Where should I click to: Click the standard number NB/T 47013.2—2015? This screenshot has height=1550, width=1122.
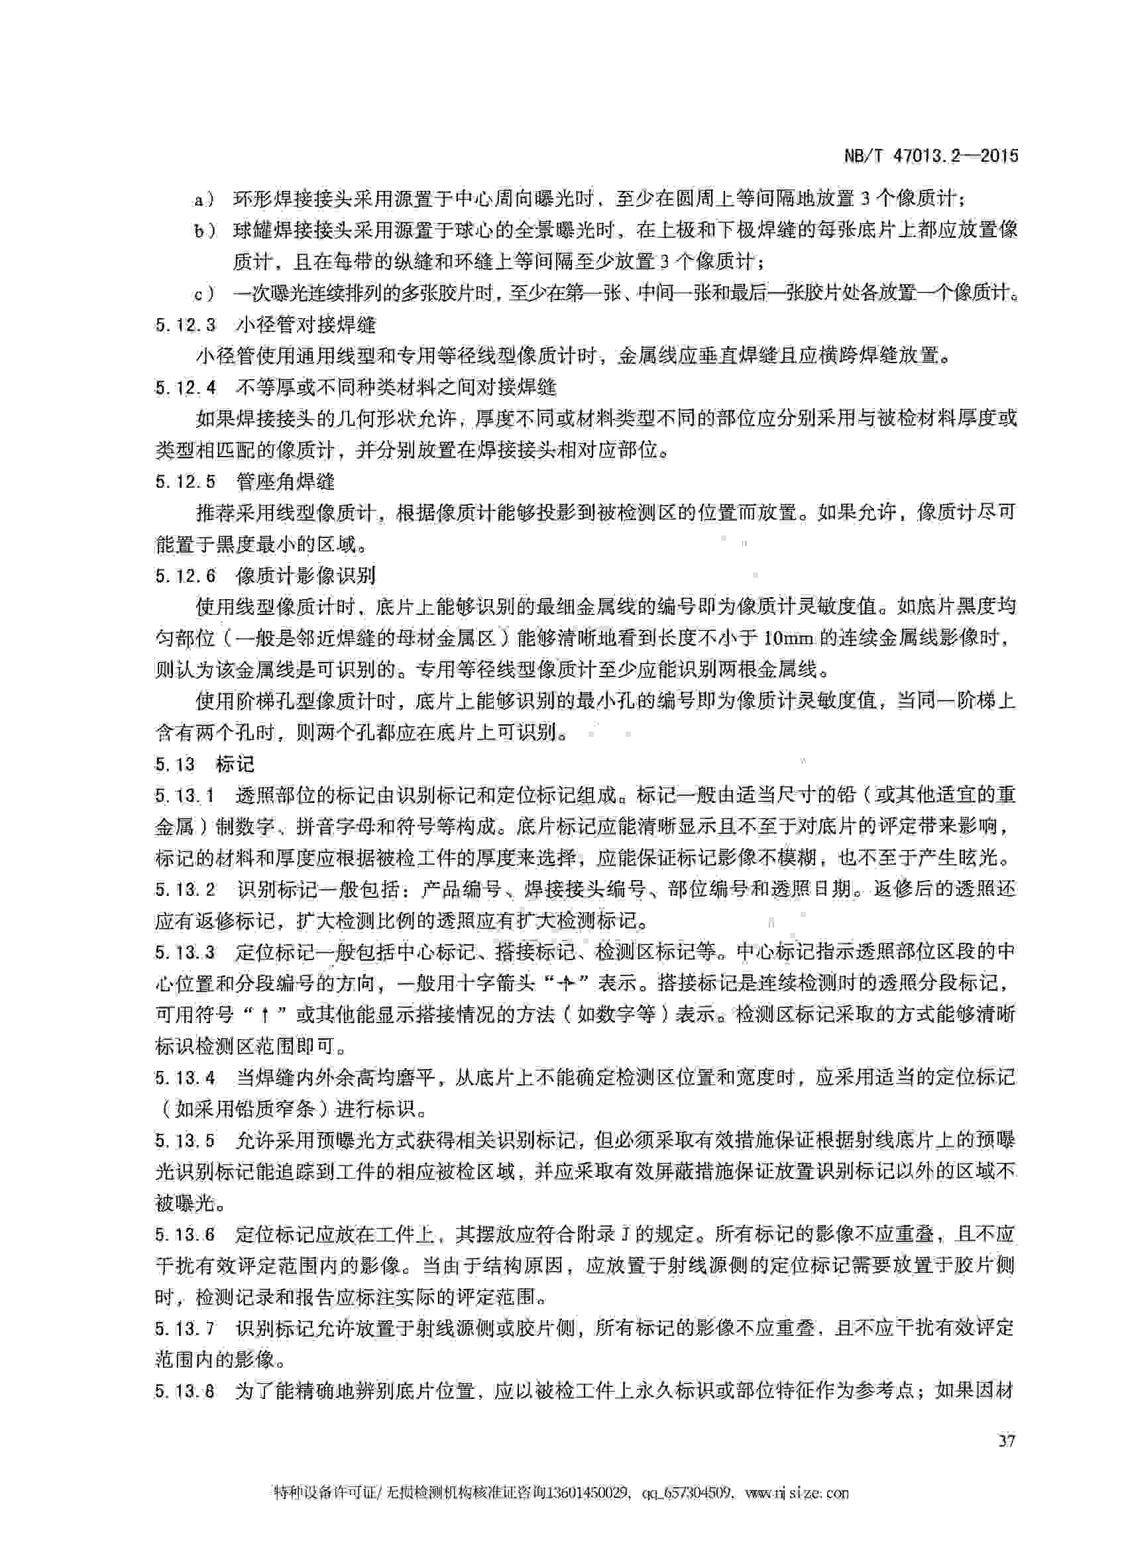click(930, 156)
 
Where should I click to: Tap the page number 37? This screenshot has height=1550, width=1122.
click(1007, 1441)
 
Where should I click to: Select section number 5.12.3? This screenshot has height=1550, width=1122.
click(185, 325)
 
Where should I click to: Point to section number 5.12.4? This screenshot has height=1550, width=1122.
click(185, 388)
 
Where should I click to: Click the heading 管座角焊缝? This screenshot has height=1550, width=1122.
click(285, 482)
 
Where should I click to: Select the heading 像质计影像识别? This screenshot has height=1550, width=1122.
click(306, 575)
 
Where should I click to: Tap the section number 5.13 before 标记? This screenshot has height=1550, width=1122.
click(175, 763)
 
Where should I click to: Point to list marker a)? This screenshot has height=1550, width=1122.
click(203, 199)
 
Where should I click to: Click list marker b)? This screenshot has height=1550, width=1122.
click(203, 231)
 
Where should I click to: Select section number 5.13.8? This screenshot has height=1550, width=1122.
click(185, 1391)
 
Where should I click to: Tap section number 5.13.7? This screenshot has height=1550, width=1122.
click(185, 1328)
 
